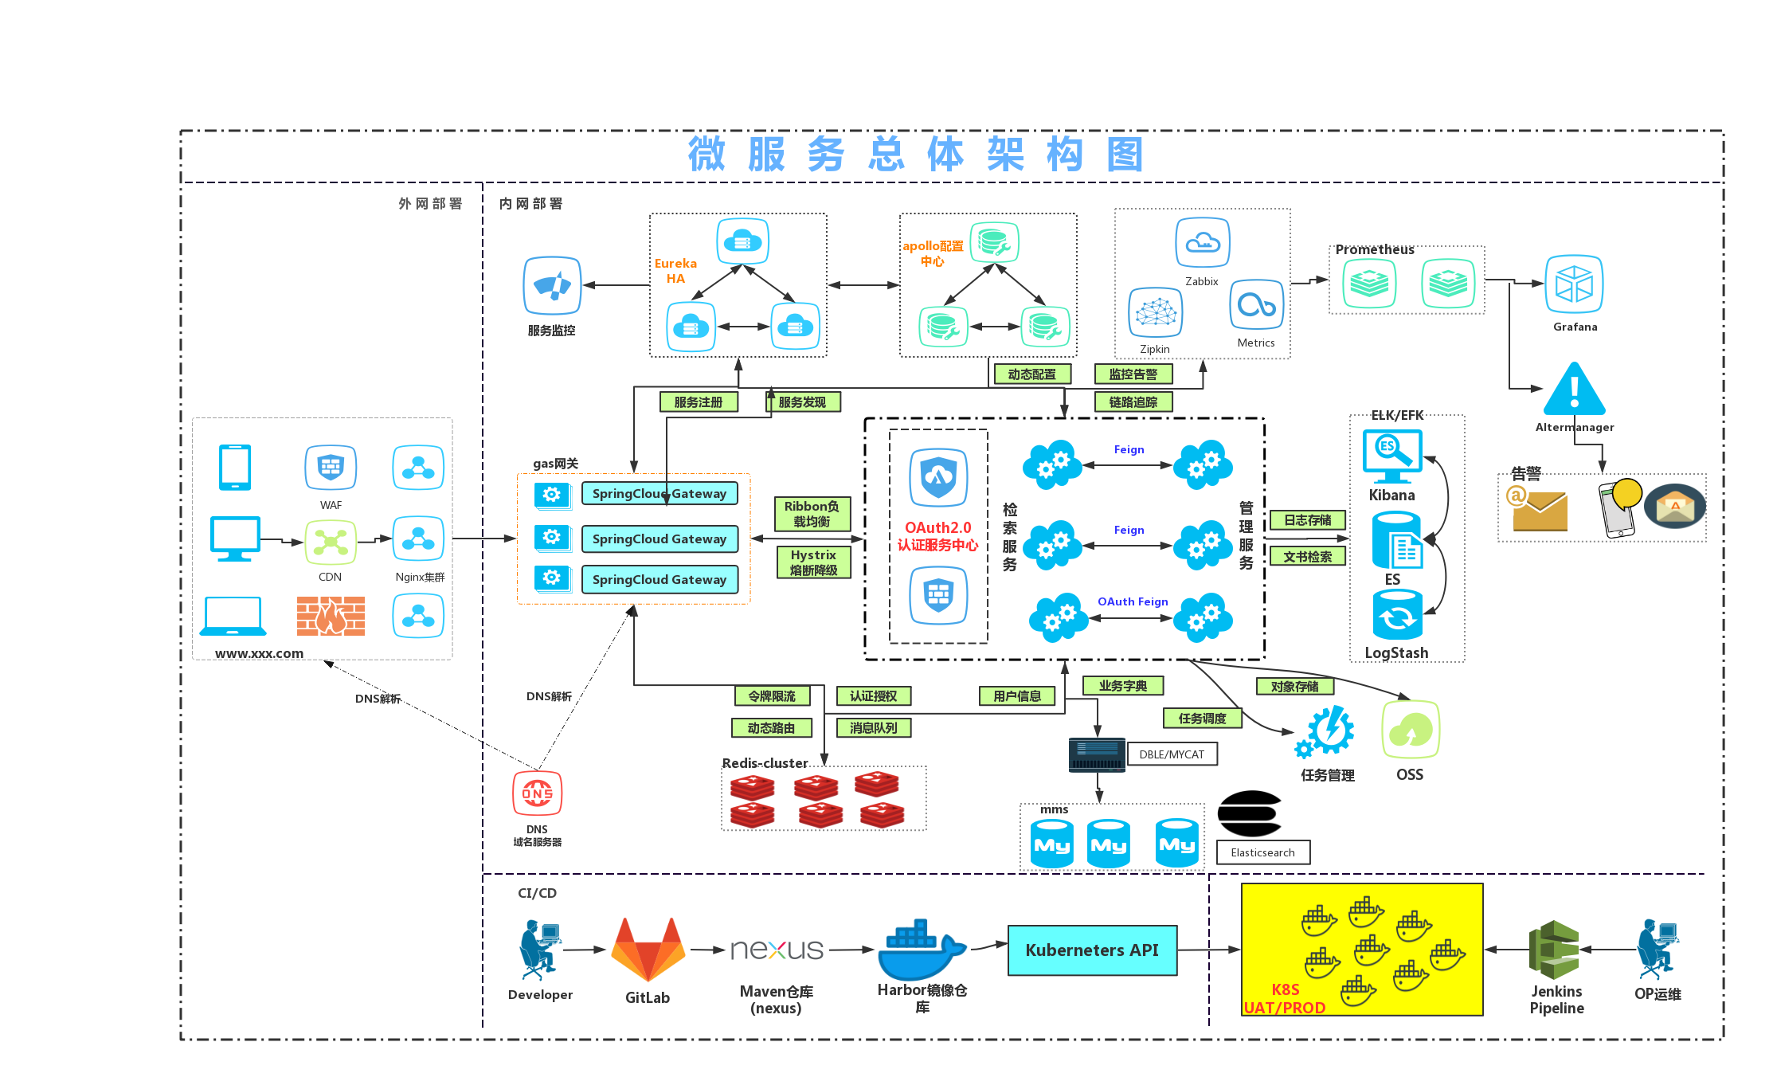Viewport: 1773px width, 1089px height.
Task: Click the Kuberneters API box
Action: coord(1092,950)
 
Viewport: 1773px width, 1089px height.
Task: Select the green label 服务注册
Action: coord(699,402)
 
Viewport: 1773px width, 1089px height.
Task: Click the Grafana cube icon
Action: coord(1574,284)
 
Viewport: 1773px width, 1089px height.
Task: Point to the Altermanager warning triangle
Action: coord(1574,390)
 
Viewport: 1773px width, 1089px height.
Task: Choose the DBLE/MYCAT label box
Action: coord(1172,754)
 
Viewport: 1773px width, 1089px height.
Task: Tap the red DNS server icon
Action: coord(537,793)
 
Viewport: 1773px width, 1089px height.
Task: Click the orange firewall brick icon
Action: coord(331,616)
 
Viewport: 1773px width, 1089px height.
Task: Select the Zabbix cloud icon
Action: coord(1203,243)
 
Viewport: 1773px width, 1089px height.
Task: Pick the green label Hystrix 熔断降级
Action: coord(813,562)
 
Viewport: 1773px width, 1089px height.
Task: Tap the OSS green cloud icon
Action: coord(1411,730)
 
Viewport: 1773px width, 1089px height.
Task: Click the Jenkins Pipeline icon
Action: coord(1554,950)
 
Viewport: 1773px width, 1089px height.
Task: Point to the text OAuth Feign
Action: coord(1133,601)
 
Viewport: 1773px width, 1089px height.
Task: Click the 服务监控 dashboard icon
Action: coord(552,285)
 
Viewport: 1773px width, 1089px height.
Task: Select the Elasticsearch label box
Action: coord(1263,852)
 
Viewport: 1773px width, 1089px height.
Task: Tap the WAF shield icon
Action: coord(331,468)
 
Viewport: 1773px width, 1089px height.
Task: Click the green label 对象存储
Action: coord(1294,686)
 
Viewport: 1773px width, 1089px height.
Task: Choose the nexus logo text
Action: coord(777,950)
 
